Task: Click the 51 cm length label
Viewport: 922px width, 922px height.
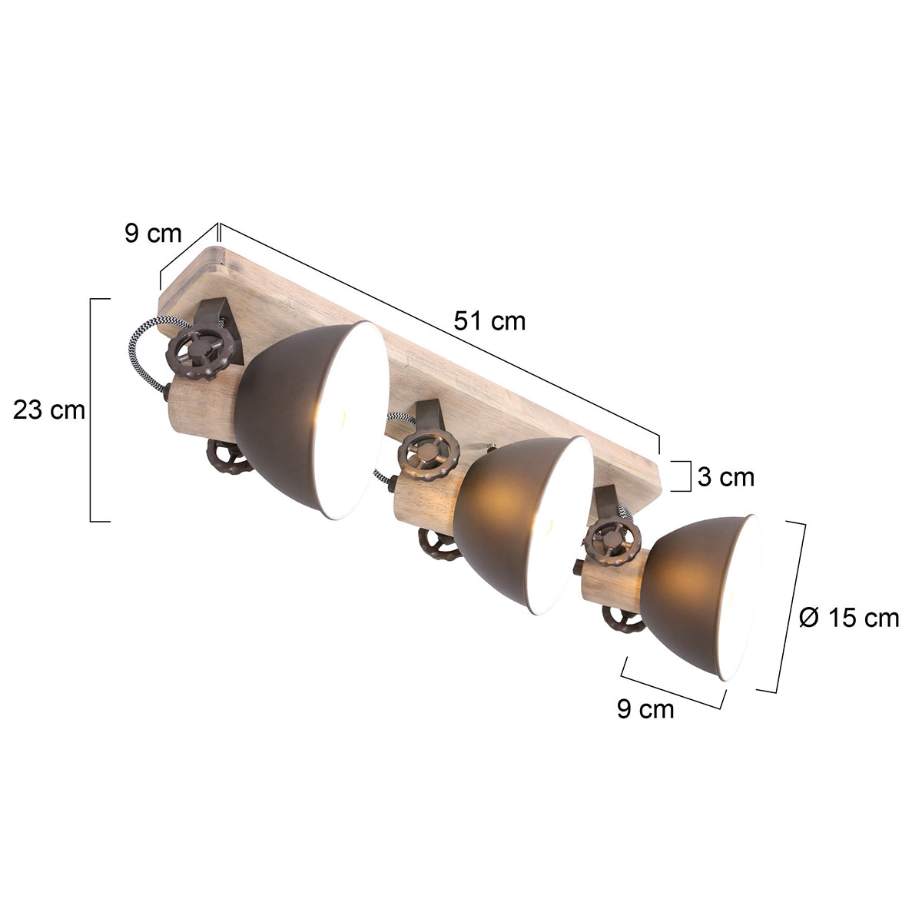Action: [489, 320]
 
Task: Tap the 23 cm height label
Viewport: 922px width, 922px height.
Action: [49, 410]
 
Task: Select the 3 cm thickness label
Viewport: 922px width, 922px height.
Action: [726, 477]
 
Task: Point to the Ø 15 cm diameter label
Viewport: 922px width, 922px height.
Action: [849, 617]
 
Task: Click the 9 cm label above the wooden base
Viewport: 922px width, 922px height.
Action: [153, 234]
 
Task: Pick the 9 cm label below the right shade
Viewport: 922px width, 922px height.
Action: [645, 708]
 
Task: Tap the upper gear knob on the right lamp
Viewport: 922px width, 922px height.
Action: [612, 543]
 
